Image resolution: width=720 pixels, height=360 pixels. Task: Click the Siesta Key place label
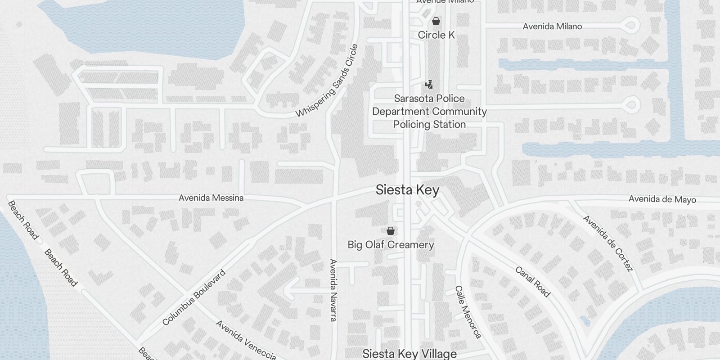pyautogui.click(x=407, y=190)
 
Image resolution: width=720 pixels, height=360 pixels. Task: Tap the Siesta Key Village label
pyautogui.click(x=409, y=354)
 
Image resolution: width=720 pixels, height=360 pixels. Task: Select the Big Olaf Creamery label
pyautogui.click(x=391, y=245)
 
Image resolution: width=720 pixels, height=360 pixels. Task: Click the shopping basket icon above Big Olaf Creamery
pyautogui.click(x=391, y=231)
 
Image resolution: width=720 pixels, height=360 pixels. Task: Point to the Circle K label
pyautogui.click(x=436, y=35)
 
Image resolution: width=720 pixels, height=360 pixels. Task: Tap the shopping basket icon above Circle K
pyautogui.click(x=436, y=21)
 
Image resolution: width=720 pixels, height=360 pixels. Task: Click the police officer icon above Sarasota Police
pyautogui.click(x=429, y=84)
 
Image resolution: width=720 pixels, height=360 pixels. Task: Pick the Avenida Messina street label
pyautogui.click(x=211, y=198)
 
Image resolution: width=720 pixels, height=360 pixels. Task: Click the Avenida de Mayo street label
pyautogui.click(x=662, y=199)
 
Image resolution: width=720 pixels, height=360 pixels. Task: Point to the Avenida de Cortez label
pyautogui.click(x=608, y=243)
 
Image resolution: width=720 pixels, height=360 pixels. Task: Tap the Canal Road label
pyautogui.click(x=533, y=282)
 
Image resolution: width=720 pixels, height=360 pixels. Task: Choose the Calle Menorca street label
pyautogui.click(x=468, y=312)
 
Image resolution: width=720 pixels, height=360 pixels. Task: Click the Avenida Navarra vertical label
pyautogui.click(x=333, y=290)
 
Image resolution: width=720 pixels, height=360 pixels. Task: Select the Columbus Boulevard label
pyautogui.click(x=194, y=297)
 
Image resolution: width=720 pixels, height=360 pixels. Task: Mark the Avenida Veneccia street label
pyautogui.click(x=246, y=340)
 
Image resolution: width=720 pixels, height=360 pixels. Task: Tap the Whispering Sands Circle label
pyautogui.click(x=327, y=81)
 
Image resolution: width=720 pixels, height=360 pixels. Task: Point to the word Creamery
pyautogui.click(x=411, y=245)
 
